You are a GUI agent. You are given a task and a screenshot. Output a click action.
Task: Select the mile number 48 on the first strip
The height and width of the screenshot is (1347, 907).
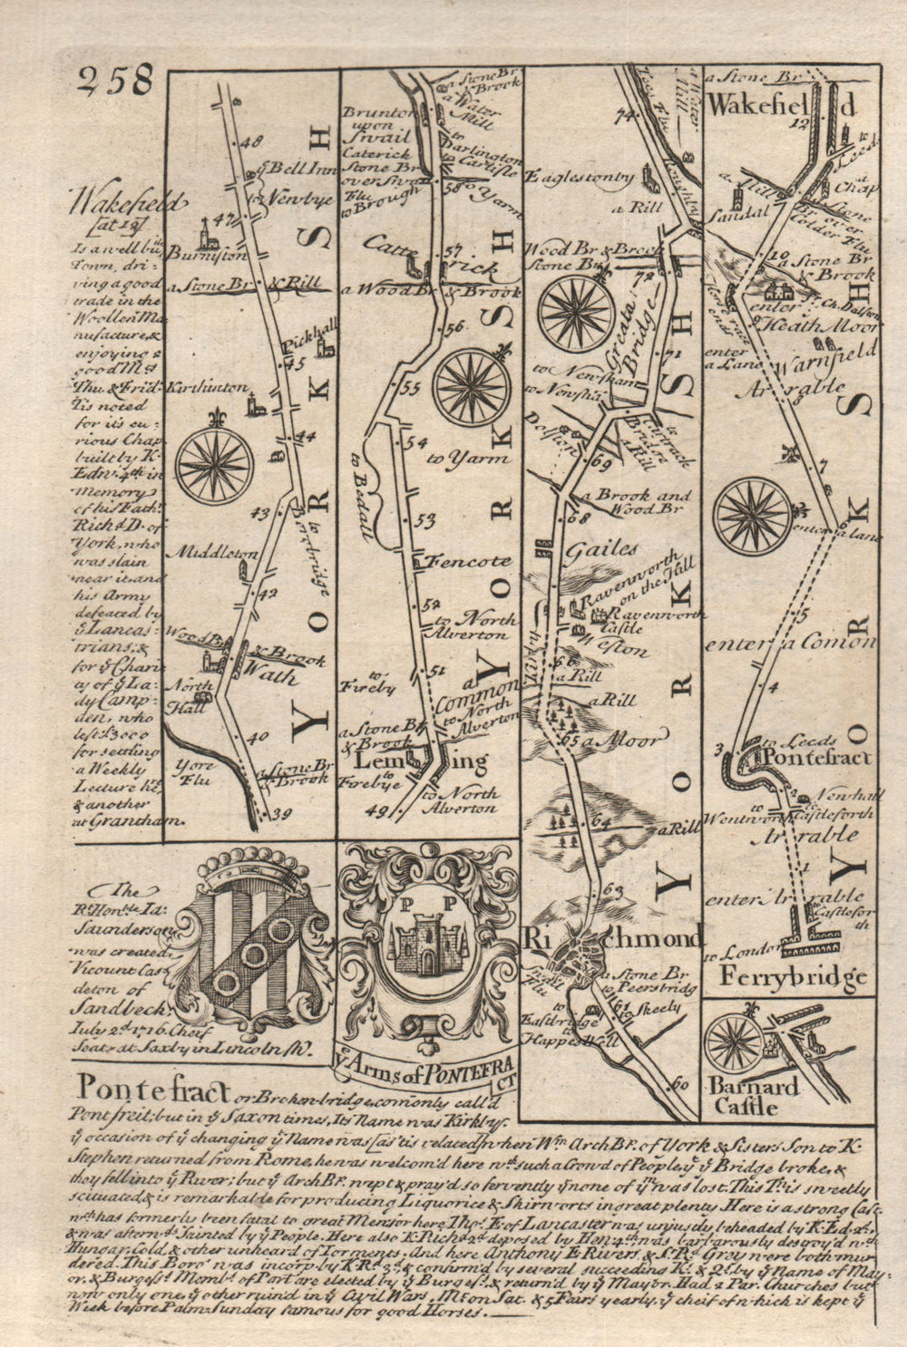pos(251,141)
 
